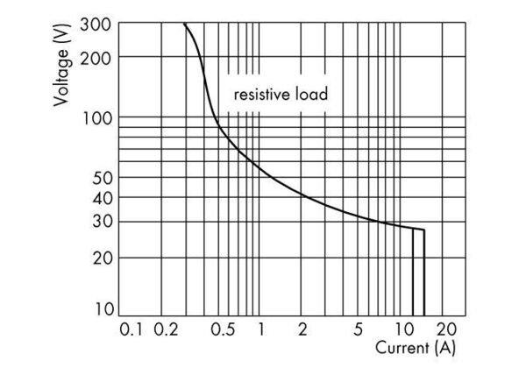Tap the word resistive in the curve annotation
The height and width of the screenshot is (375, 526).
tap(259, 93)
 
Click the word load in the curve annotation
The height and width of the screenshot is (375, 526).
tap(312, 93)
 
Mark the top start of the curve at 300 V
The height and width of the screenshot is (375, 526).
tap(185, 25)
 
